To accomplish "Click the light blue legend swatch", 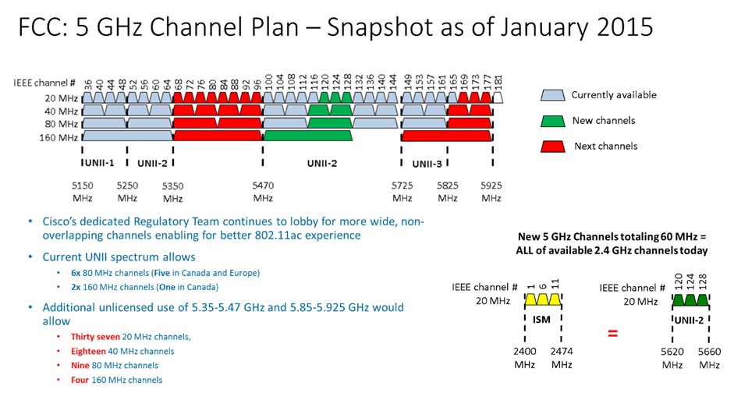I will pyautogui.click(x=552, y=95).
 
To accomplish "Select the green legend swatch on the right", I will pyautogui.click(x=552, y=121).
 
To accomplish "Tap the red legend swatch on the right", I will pyautogui.click(x=552, y=147).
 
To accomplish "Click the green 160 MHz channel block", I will pyautogui.click(x=308, y=136).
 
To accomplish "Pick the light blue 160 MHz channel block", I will pyautogui.click(x=127, y=136).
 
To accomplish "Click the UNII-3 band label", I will pyautogui.click(x=427, y=164).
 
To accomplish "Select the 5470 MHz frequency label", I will pyautogui.click(x=263, y=192).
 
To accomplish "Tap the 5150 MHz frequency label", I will pyautogui.click(x=83, y=192).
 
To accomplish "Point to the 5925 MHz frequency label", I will pyautogui.click(x=491, y=192).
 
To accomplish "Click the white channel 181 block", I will pyautogui.click(x=498, y=97).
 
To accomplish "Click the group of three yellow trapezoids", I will pyautogui.click(x=543, y=299).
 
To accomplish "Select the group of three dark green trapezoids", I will pyautogui.click(x=690, y=299).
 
